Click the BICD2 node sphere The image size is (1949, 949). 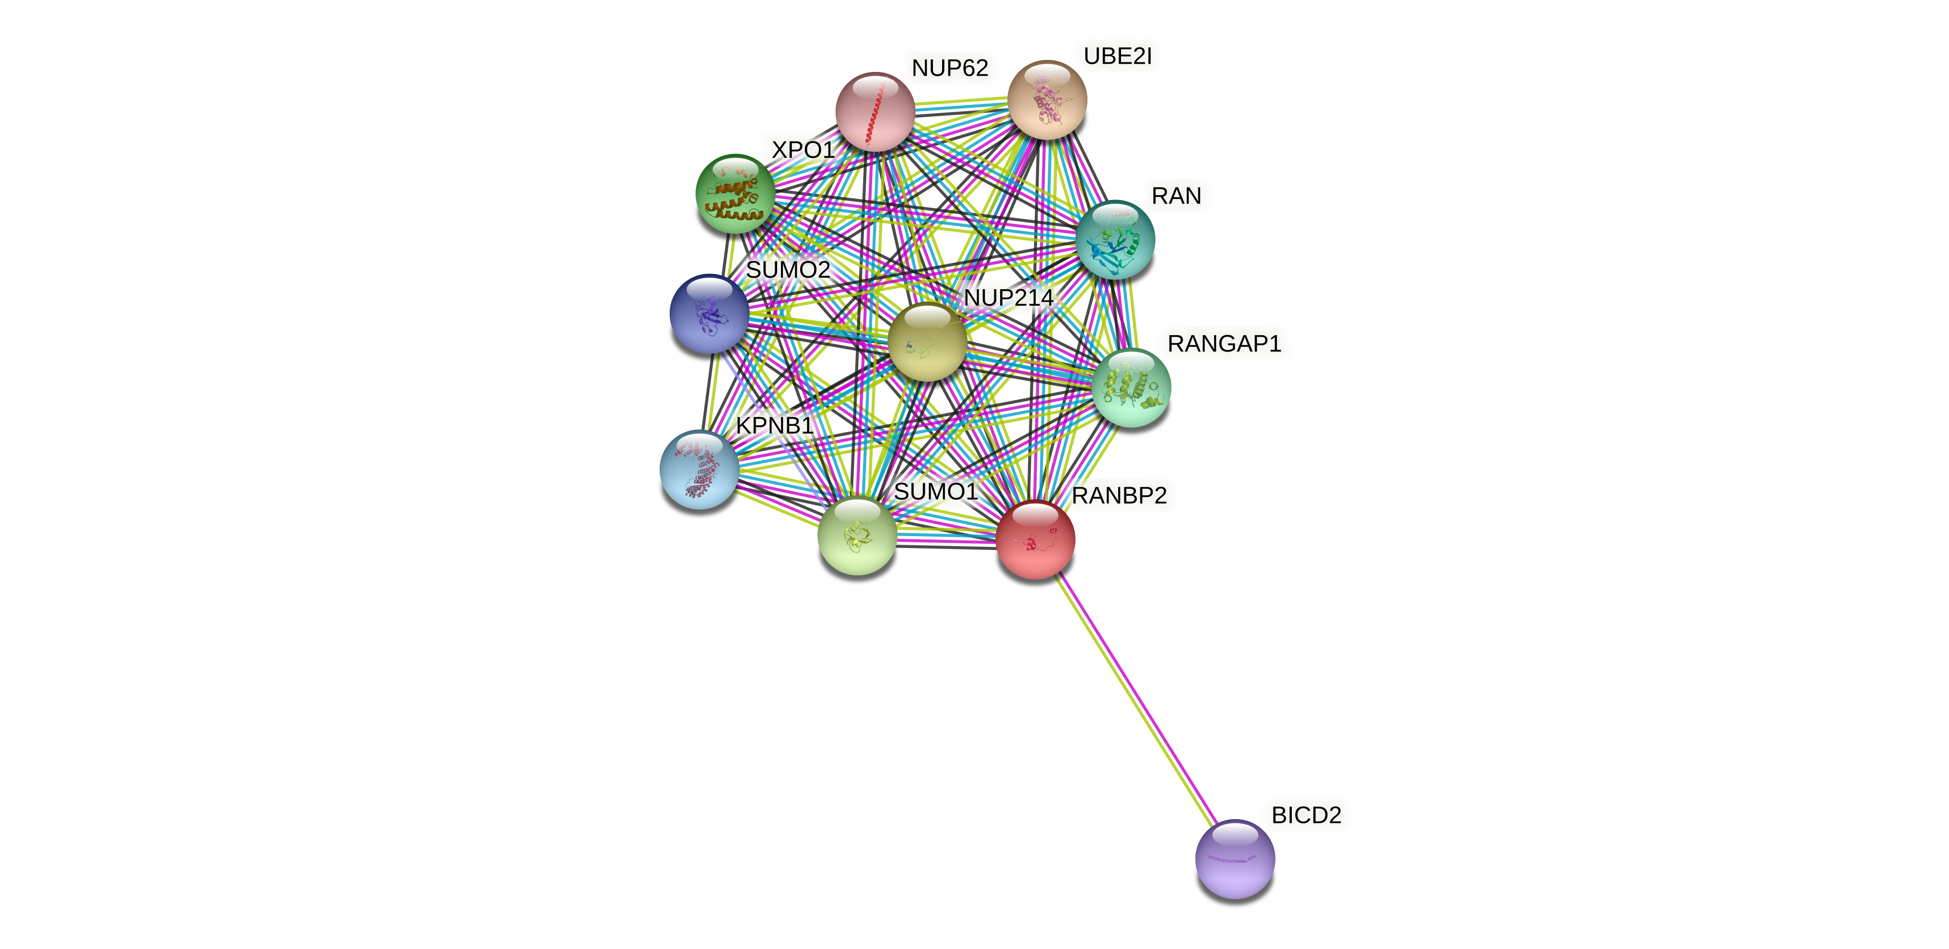[1235, 859]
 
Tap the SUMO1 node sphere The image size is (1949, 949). [857, 535]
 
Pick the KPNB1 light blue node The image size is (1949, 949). [699, 469]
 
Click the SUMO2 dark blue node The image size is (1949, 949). [709, 313]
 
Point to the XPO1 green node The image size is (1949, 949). [735, 194]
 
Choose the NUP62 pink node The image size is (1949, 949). [875, 111]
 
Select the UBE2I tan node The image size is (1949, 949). [1047, 100]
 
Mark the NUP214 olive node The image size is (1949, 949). [927, 342]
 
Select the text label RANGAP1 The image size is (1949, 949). [1224, 343]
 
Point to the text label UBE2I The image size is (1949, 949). [1118, 56]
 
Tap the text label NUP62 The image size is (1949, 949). [949, 68]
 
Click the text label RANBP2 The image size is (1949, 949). [1119, 495]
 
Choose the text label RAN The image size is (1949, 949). [1176, 196]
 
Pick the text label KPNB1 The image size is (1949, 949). [774, 426]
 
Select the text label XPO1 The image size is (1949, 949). [803, 150]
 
